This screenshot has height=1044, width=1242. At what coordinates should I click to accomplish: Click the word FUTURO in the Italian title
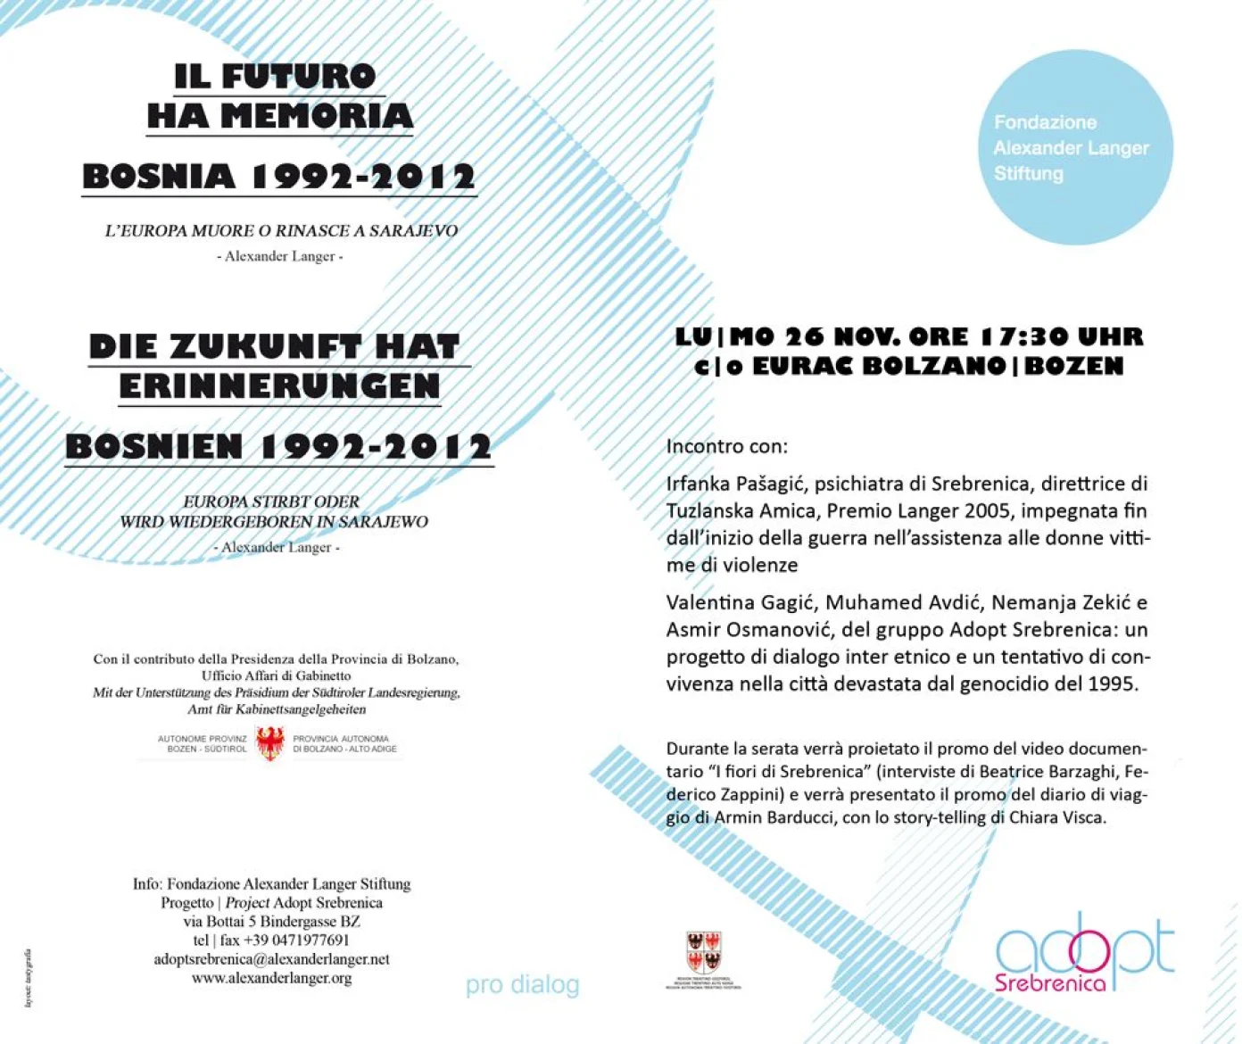coord(298,77)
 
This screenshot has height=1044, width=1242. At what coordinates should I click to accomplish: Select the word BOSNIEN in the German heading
coord(154,446)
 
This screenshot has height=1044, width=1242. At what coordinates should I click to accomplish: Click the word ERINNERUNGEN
coord(279,386)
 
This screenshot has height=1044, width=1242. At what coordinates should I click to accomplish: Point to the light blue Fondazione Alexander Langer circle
coord(1074,147)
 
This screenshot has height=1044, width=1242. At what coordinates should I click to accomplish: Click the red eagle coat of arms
coord(270,742)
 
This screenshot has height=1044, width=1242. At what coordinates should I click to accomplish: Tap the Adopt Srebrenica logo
coord(1084,953)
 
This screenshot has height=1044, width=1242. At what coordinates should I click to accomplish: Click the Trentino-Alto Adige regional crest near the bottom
coord(703,957)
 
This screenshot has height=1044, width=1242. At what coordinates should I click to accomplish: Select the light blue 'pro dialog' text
coord(522,985)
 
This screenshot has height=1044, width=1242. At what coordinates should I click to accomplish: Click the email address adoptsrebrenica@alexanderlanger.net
coord(271,959)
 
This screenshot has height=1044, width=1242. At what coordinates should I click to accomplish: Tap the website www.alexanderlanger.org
coord(271,978)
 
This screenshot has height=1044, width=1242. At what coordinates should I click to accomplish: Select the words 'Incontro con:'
coord(727,446)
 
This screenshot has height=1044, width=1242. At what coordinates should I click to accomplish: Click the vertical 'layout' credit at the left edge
coord(29,978)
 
